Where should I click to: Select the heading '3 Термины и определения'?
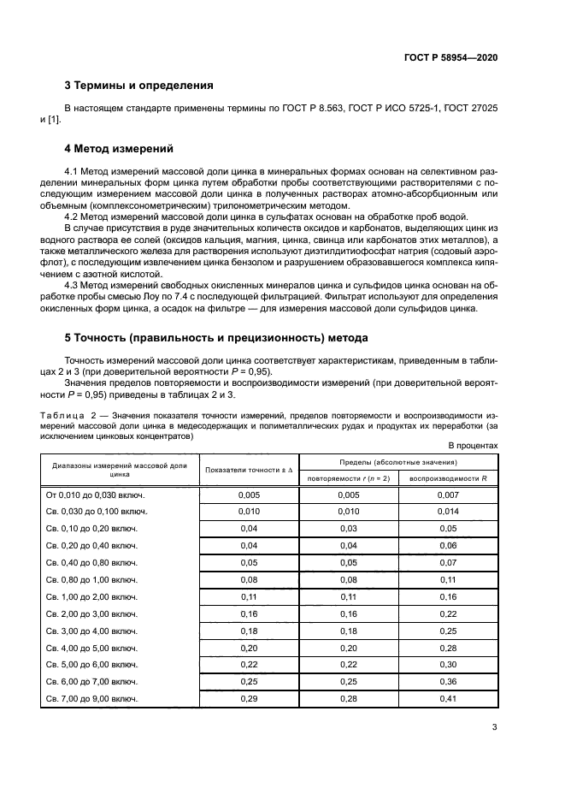click(139, 85)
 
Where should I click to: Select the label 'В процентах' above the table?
click(473, 446)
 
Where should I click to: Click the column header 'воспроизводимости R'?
click(448, 478)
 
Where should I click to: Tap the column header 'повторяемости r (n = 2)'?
click(349, 478)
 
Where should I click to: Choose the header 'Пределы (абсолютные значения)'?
click(398, 462)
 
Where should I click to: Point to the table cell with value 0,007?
click(448, 495)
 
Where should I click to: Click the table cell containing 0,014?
click(448, 512)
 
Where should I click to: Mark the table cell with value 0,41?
click(448, 699)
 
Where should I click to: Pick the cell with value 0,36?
click(448, 682)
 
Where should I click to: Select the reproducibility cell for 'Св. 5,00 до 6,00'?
click(448, 665)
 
